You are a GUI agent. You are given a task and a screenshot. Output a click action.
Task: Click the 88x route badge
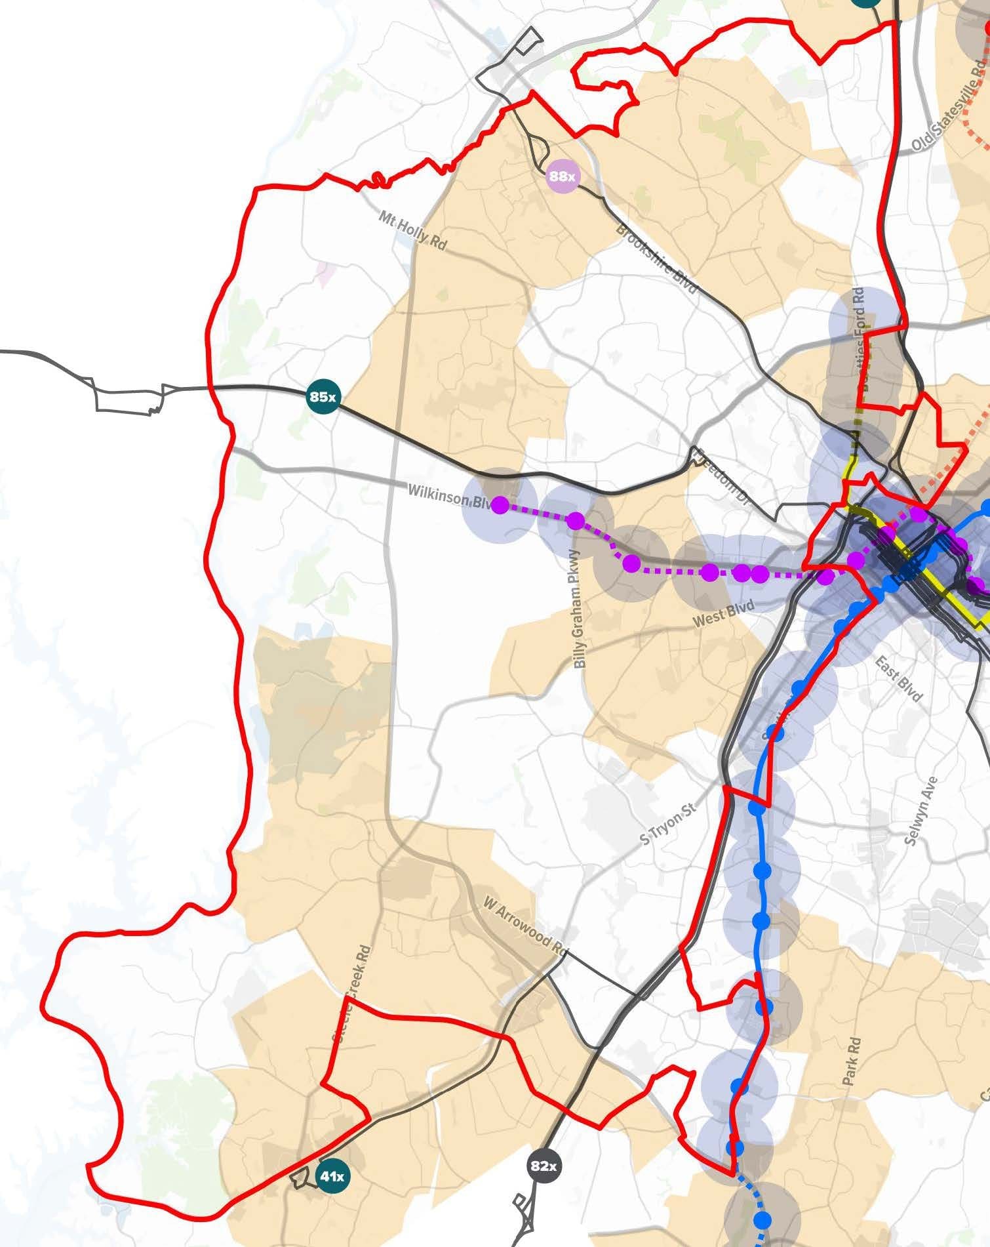pos(563,176)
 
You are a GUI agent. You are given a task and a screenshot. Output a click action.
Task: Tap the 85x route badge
pos(323,397)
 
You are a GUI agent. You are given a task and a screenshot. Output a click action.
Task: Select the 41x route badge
pos(332,1176)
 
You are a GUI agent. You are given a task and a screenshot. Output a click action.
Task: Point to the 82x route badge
pos(544,1166)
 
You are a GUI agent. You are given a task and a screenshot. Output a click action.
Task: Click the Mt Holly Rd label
pos(412,229)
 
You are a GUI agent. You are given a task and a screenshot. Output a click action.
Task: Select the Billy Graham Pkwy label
pos(578,609)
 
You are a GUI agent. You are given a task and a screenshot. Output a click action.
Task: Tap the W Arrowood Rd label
pos(525,926)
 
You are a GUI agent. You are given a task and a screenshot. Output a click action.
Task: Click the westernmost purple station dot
pos(500,504)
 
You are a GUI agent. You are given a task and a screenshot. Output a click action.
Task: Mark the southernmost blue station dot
pos(762,1220)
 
